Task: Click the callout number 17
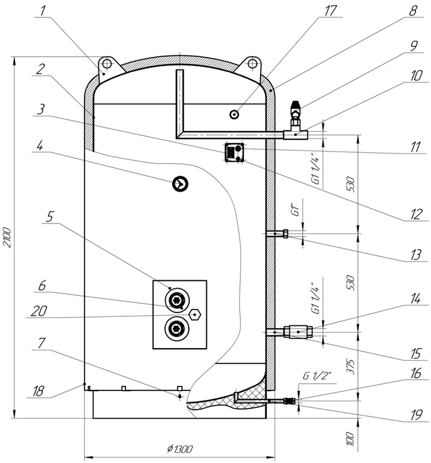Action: click(x=330, y=11)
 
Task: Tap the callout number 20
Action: click(x=39, y=311)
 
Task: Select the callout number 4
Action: click(x=40, y=146)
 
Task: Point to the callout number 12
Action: click(x=416, y=214)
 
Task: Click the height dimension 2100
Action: click(x=7, y=237)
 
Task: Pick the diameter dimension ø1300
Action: click(x=179, y=449)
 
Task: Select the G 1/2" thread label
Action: click(x=317, y=376)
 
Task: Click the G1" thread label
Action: click(x=296, y=208)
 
